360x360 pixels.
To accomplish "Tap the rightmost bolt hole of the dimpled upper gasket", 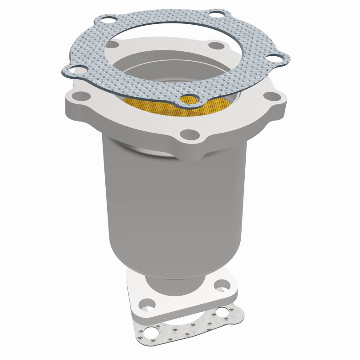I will [273, 58].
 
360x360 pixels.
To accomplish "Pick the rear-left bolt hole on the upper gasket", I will [107, 20].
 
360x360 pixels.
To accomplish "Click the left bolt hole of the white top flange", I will [81, 95].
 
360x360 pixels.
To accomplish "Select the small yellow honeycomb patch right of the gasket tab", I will [220, 104].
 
